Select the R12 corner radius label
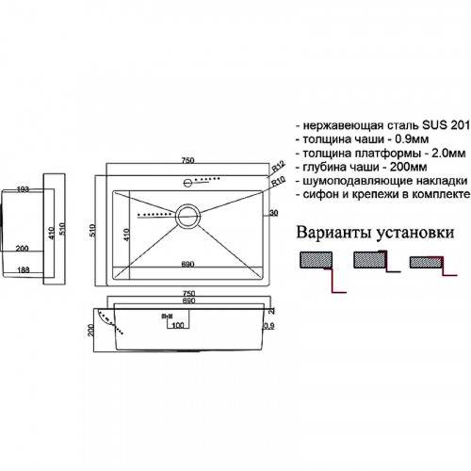tap(276, 169)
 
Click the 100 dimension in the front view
tap(178, 326)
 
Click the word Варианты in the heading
tap(333, 232)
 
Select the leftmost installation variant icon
tap(315, 263)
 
